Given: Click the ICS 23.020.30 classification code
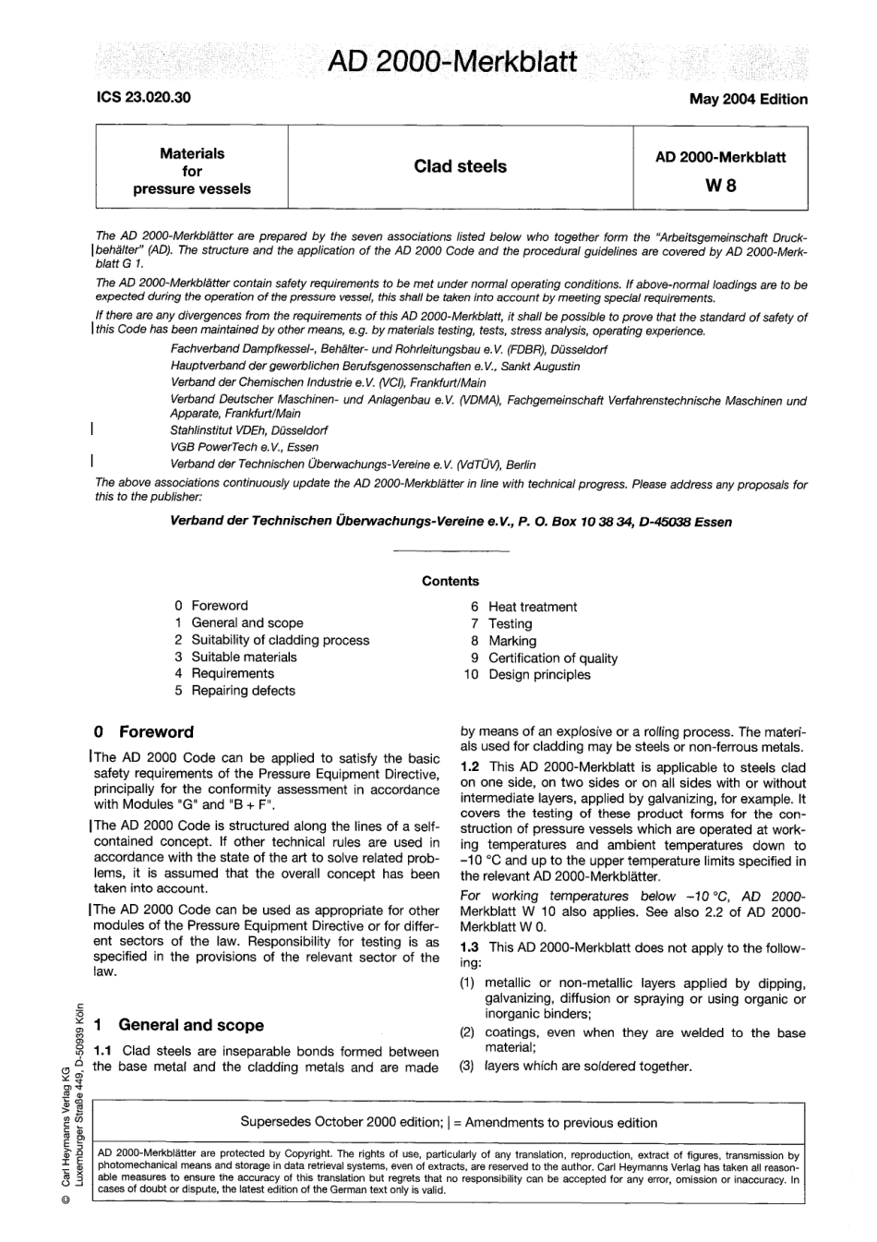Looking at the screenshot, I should (143, 96).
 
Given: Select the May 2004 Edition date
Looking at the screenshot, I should (748, 99).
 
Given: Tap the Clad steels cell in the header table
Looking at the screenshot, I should (460, 167).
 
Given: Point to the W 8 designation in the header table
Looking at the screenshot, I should (720, 186).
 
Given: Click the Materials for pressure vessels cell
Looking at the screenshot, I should (192, 171).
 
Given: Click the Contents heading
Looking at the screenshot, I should (451, 581).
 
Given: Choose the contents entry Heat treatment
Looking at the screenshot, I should (532, 607).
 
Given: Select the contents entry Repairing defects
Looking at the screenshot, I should (243, 691).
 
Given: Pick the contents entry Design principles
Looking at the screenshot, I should (538, 675).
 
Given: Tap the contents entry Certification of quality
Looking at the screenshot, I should (552, 658).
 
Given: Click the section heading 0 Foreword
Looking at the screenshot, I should (144, 732).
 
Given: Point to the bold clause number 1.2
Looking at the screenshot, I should (471, 767).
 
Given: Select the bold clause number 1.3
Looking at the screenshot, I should (471, 947).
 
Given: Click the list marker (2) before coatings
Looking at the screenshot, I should (468, 1032).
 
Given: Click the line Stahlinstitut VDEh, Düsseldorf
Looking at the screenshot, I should (248, 430).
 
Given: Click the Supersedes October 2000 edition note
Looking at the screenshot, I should (449, 1123).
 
